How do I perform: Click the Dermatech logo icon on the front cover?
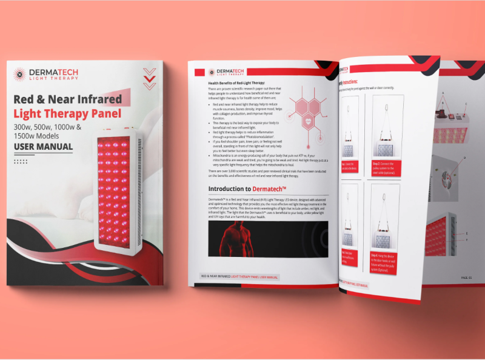pyautogui.click(x=19, y=73)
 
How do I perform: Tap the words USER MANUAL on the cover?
pyautogui.click(x=43, y=147)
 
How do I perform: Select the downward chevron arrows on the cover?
pyautogui.click(x=149, y=78)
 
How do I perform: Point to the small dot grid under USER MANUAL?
pyautogui.click(x=21, y=161)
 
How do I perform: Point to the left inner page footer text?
pyautogui.click(x=239, y=276)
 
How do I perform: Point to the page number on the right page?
pyautogui.click(x=466, y=276)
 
